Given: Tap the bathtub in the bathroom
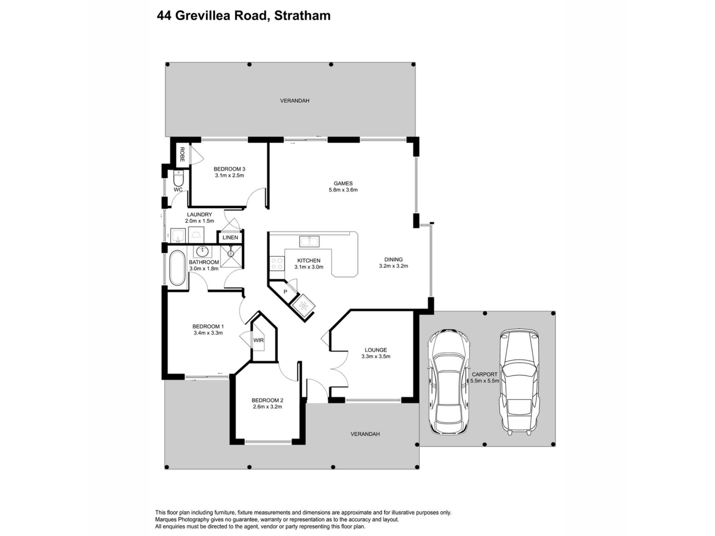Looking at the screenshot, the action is [x=177, y=268].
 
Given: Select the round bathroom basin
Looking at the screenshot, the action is [x=203, y=251].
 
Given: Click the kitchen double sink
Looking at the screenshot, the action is [x=309, y=241].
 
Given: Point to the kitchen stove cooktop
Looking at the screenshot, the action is [x=277, y=264].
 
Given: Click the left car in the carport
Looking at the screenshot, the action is [x=448, y=382].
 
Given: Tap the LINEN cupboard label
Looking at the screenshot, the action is [x=230, y=237].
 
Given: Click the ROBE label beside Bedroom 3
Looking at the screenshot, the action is [x=182, y=154].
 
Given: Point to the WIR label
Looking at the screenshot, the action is [x=258, y=340].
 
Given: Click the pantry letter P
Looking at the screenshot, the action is [x=286, y=292].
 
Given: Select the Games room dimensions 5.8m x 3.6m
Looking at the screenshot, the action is [x=343, y=190].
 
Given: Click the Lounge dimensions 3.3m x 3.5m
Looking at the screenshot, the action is [x=376, y=357].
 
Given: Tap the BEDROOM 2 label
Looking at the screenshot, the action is [x=267, y=401].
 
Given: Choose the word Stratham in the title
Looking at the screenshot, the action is [x=302, y=16].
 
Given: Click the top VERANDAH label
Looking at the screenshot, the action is [x=295, y=100].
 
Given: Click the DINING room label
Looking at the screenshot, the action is [x=394, y=259].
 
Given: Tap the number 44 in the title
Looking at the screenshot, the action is [x=164, y=16].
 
